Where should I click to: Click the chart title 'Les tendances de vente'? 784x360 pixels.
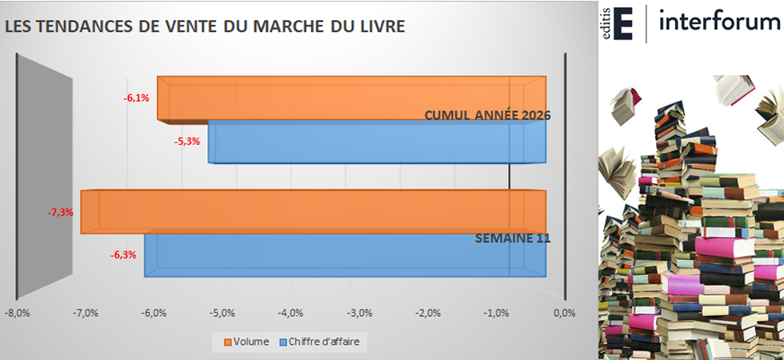tap(205, 26)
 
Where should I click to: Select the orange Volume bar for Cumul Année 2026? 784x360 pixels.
tap(352, 98)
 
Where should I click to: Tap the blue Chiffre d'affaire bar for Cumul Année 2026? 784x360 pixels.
tap(376, 142)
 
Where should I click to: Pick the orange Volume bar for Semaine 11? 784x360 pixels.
tap(320, 212)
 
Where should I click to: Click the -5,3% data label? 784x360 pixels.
tap(186, 142)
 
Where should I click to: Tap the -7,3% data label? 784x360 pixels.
tap(61, 213)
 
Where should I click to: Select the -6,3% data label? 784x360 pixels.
tap(123, 256)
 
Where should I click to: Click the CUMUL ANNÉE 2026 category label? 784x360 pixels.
tap(488, 115)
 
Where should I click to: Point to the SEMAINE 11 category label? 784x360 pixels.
tap(512, 238)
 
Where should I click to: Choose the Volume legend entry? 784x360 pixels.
tap(246, 342)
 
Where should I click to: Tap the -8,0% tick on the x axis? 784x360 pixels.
tap(17, 313)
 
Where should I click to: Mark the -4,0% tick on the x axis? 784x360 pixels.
tap(290, 313)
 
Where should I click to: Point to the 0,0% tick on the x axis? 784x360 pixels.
tap(565, 313)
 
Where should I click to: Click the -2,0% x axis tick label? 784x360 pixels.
tap(428, 313)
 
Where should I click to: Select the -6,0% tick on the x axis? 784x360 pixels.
tap(154, 313)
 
